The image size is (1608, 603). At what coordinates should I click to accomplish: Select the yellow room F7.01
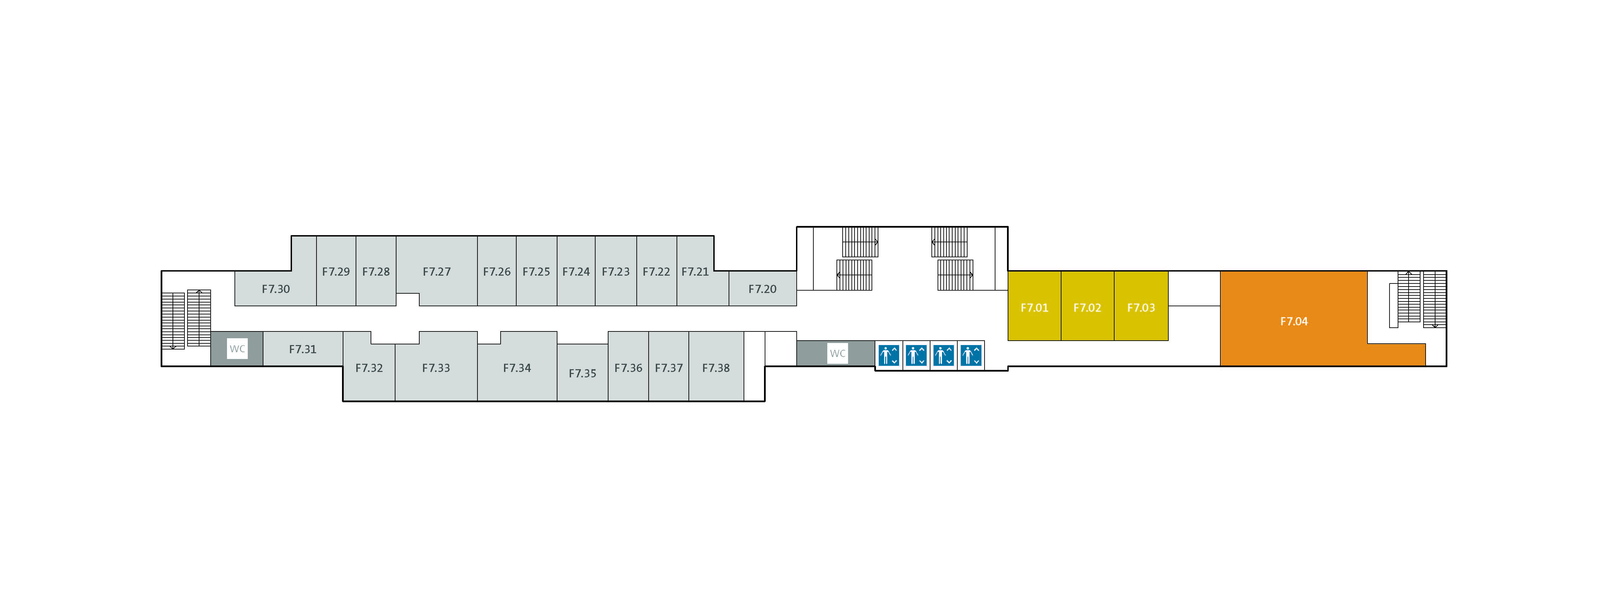[1034, 306]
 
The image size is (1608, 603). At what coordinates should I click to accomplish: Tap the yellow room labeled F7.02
[1087, 306]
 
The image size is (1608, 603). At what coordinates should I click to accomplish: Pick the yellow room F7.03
[1141, 306]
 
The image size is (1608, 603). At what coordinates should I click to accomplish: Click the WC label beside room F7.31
[237, 349]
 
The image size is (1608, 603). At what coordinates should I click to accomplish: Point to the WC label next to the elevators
[838, 353]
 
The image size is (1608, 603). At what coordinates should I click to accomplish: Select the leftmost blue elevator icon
[889, 355]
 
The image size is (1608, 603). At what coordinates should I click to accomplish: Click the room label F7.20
[762, 289]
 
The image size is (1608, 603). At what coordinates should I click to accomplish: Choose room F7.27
[436, 271]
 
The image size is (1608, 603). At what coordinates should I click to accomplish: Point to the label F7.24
[575, 272]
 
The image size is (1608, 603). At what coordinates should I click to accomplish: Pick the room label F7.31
[303, 349]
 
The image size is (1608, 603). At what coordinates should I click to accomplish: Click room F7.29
[336, 271]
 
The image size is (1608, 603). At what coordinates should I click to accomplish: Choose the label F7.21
[695, 272]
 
